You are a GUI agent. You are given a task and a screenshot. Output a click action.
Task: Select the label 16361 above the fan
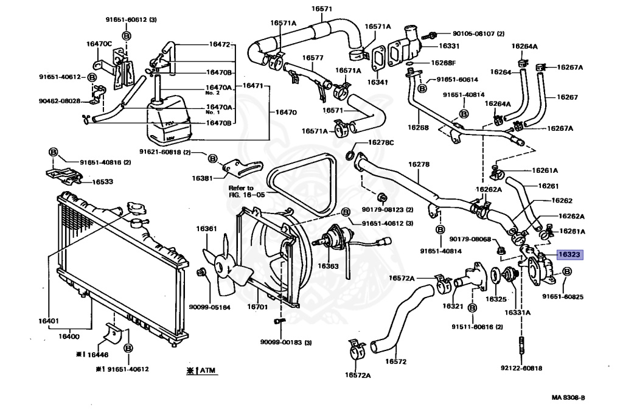[x=206, y=229]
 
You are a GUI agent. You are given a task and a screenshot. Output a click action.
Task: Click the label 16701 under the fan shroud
[x=257, y=307]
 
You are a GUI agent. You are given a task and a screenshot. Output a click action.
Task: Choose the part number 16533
[x=102, y=181]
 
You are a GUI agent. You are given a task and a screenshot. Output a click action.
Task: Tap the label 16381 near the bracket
[x=202, y=178]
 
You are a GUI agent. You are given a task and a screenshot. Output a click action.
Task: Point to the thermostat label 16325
[x=496, y=299]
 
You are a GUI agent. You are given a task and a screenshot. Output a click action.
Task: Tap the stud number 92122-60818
[x=520, y=368]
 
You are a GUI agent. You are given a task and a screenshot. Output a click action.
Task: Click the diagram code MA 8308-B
[x=568, y=397]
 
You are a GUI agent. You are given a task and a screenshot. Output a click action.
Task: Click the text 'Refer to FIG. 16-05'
[x=241, y=192]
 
